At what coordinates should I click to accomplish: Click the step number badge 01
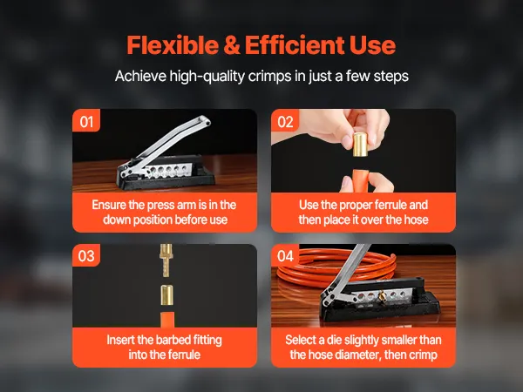86,121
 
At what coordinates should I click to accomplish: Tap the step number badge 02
285,121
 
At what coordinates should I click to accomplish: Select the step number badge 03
86,255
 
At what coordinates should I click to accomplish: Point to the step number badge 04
285,255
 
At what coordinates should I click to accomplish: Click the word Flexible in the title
173,44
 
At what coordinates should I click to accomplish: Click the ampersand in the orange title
232,45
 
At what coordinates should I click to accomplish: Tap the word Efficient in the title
295,44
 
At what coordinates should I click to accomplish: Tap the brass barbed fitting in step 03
166,260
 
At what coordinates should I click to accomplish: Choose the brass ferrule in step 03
166,294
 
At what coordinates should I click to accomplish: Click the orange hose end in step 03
167,320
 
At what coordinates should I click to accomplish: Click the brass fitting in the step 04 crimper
382,295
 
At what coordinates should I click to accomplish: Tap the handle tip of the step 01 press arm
205,121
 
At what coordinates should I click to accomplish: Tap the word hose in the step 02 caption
416,220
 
